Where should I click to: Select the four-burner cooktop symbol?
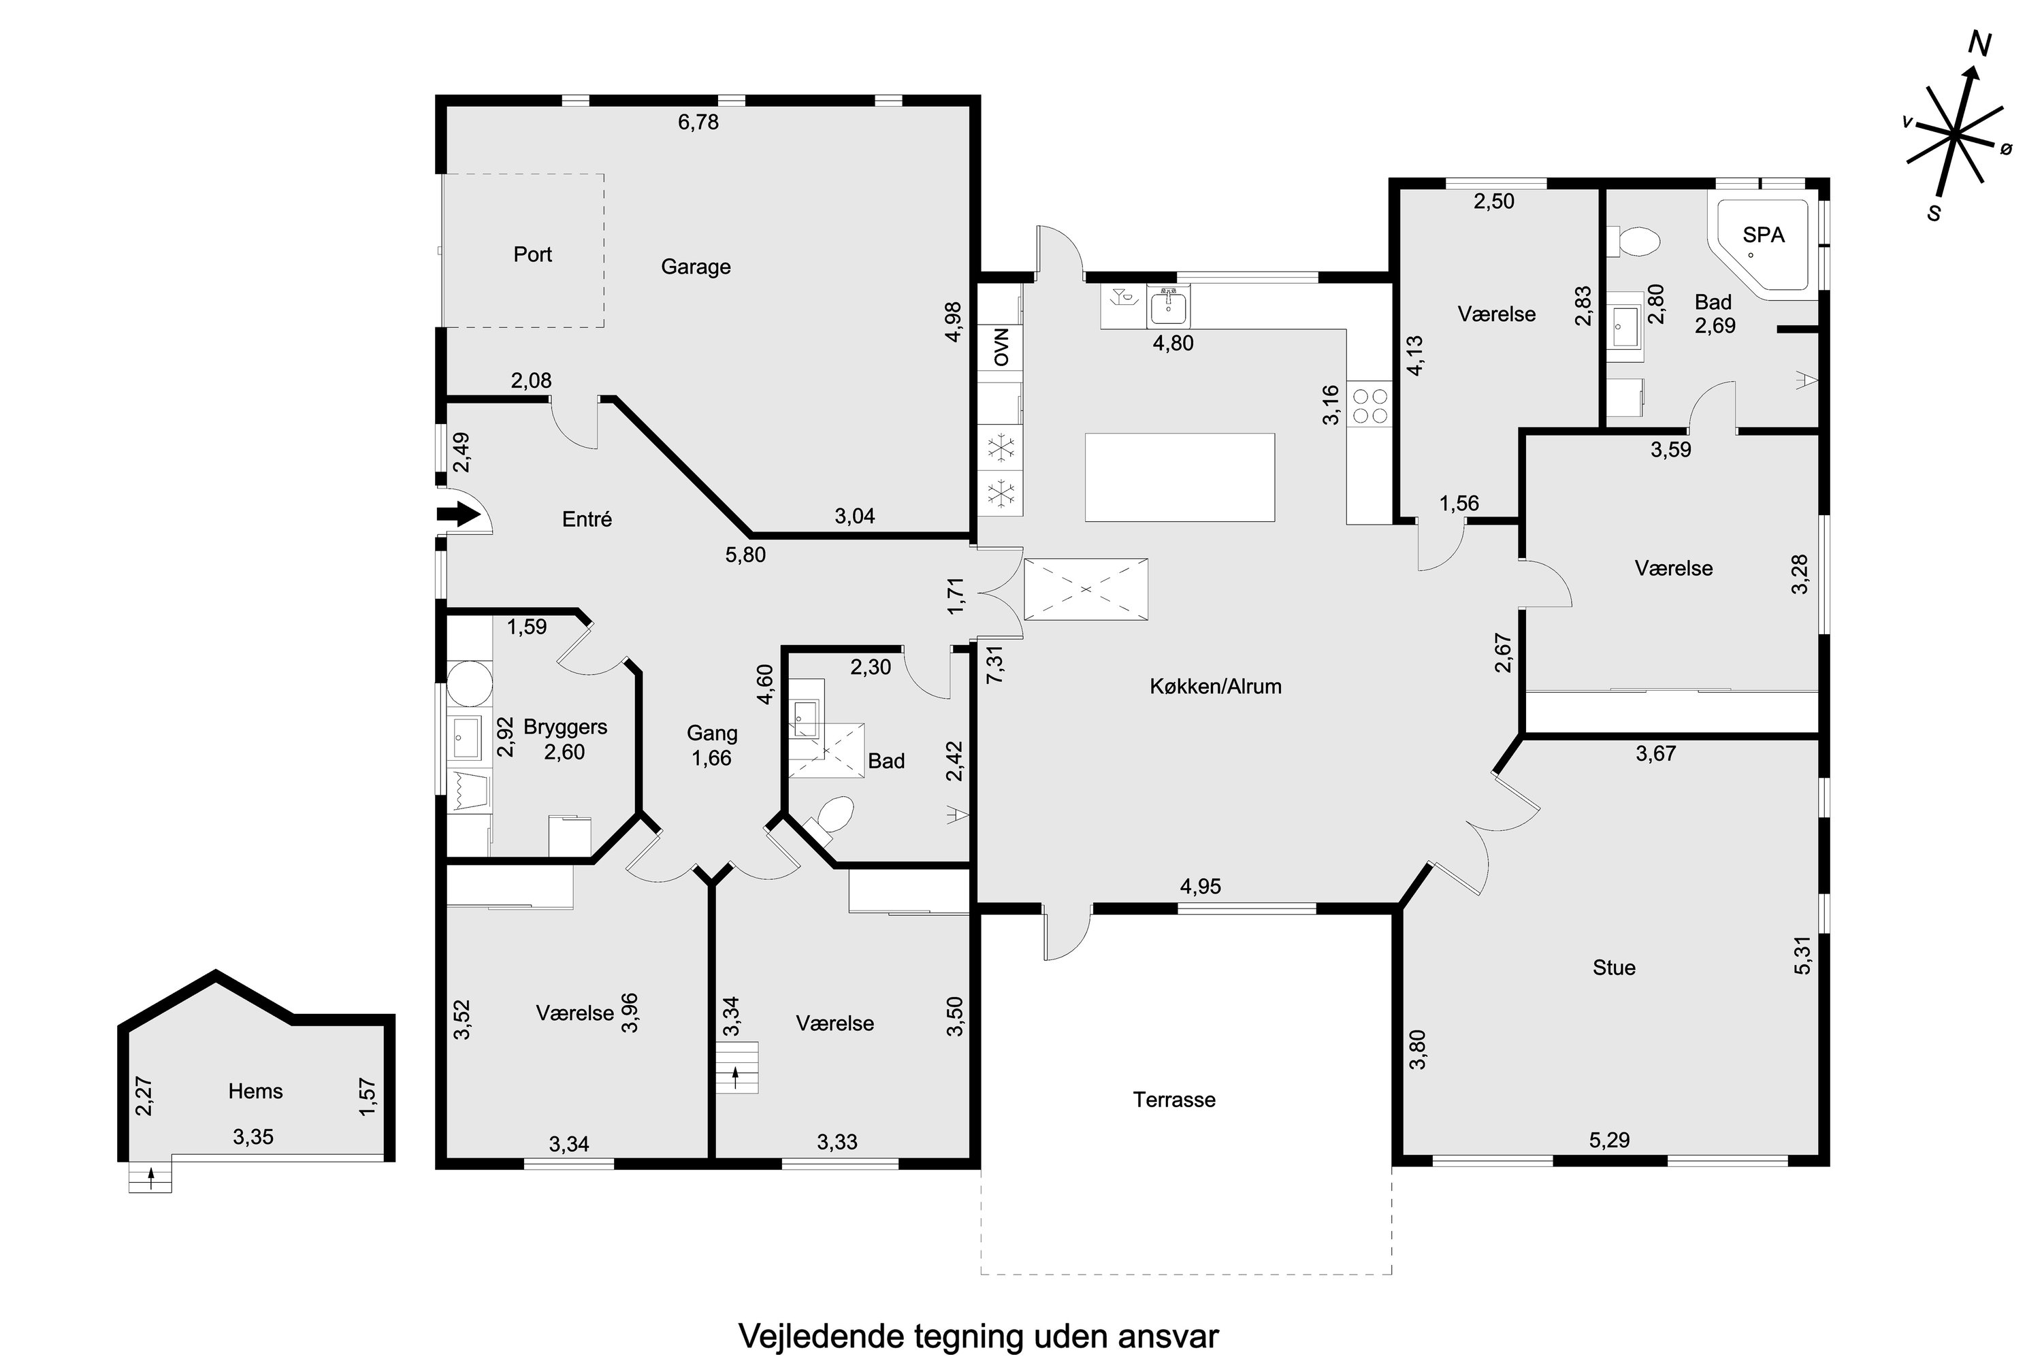(1369, 406)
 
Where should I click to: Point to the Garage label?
(696, 267)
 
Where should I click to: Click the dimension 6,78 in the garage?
(698, 122)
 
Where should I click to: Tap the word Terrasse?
(1173, 1100)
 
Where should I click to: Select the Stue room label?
(1614, 968)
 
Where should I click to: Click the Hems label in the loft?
(255, 1091)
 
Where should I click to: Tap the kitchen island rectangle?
(1179, 478)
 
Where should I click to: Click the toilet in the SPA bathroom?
(1636, 242)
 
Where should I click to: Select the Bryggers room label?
(565, 727)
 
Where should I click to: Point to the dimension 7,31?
(996, 664)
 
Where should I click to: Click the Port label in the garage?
(532, 255)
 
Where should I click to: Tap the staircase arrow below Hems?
(151, 1178)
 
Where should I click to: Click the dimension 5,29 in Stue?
(1609, 1140)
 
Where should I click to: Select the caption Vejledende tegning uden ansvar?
(979, 1336)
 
